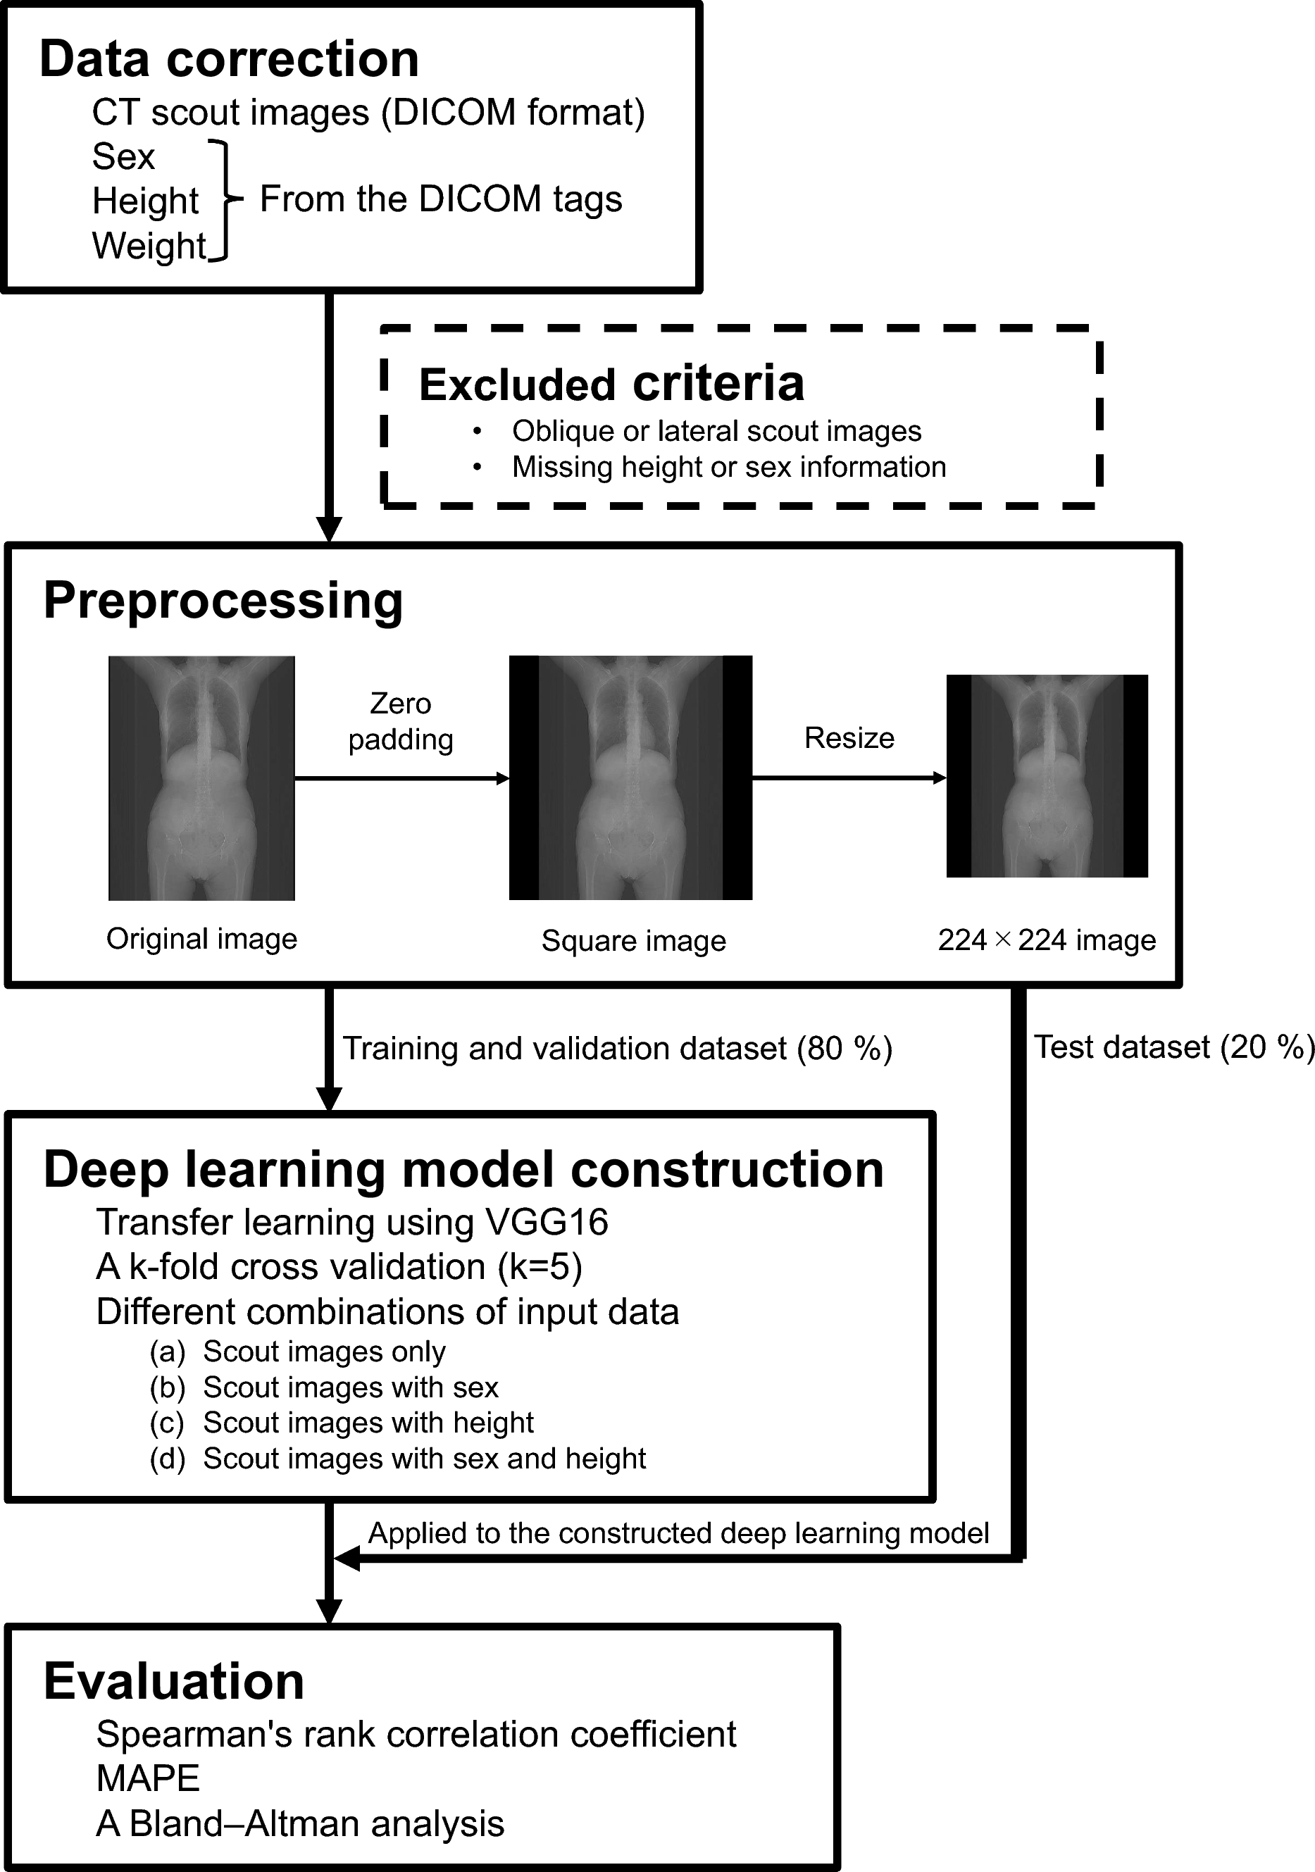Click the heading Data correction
[x=229, y=60]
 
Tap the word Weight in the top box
[x=150, y=245]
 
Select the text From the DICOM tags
[x=440, y=199]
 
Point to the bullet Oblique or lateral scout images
[x=716, y=430]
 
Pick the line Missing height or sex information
[x=729, y=467]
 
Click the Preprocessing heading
[x=223, y=601]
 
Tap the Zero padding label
[x=400, y=722]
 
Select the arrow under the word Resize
[x=848, y=778]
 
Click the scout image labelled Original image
[x=201, y=778]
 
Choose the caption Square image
[x=633, y=941]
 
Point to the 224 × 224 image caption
[x=1047, y=940]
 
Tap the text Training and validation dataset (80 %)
[x=617, y=1049]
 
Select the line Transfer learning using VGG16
[x=352, y=1222]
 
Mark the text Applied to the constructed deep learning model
[x=678, y=1533]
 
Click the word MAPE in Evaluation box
[x=148, y=1778]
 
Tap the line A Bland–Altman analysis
[x=300, y=1824]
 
